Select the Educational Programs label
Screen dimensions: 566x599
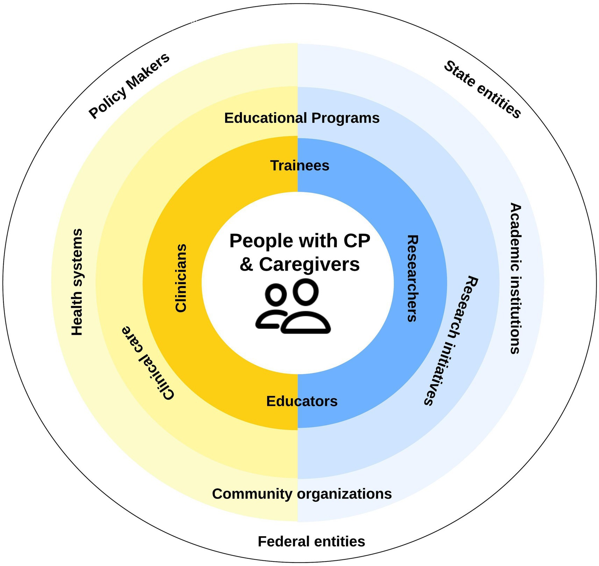click(x=302, y=118)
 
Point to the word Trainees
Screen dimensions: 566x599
click(x=300, y=166)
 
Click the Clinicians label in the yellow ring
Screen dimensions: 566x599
click(x=181, y=278)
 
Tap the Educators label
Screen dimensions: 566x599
click(x=302, y=401)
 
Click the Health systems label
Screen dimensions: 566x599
click(x=77, y=282)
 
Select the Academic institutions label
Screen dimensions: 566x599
click(x=515, y=278)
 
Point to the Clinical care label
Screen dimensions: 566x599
click(x=148, y=363)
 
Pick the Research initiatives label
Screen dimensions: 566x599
click(x=451, y=340)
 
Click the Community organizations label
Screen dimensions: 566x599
click(x=302, y=494)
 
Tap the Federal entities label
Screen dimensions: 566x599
click(x=311, y=542)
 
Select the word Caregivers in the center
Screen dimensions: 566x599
click(x=309, y=265)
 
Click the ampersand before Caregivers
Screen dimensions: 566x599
click(x=247, y=265)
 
